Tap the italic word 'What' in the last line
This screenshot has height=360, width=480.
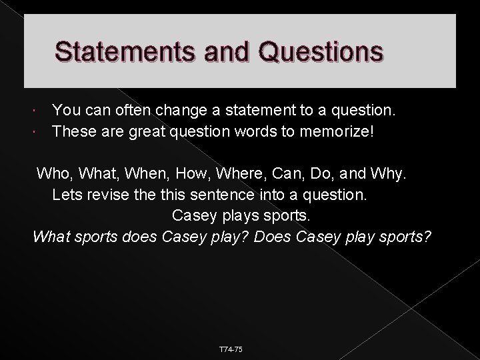pos(50,237)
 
